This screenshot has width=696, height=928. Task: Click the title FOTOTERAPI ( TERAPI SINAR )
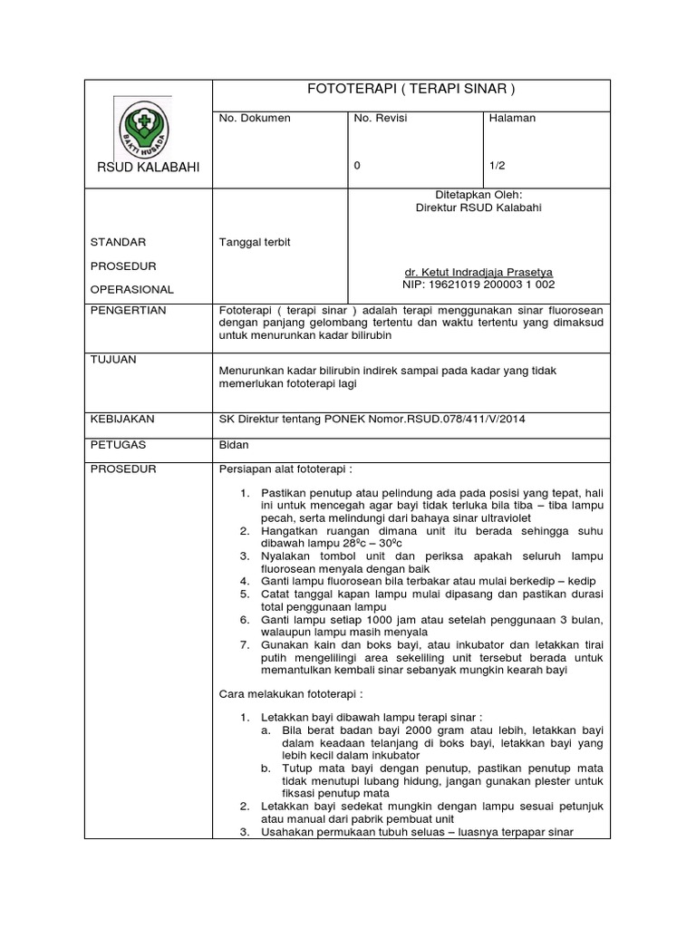pos(412,89)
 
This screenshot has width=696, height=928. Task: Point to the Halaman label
pos(512,118)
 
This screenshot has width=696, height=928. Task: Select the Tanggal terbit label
pos(255,242)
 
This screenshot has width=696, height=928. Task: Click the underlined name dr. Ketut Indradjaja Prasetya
pos(477,271)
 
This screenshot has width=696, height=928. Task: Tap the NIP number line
pos(477,284)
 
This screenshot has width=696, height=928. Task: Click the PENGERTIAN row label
pos(128,310)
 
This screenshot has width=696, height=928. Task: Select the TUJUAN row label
pos(114,360)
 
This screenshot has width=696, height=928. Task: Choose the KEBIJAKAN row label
pos(123,419)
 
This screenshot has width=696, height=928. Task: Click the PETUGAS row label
pos(119,445)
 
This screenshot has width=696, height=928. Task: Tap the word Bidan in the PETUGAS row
pos(235,445)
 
